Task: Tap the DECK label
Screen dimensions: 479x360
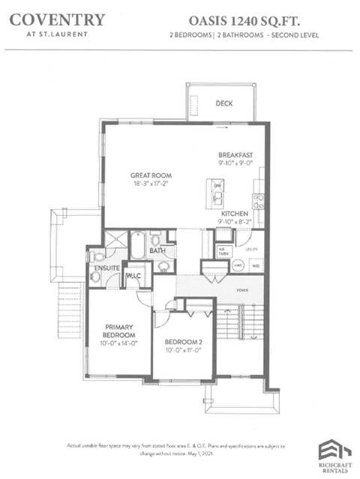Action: click(x=223, y=103)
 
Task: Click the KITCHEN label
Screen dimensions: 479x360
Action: click(x=233, y=214)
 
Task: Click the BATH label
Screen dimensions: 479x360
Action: click(x=157, y=251)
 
